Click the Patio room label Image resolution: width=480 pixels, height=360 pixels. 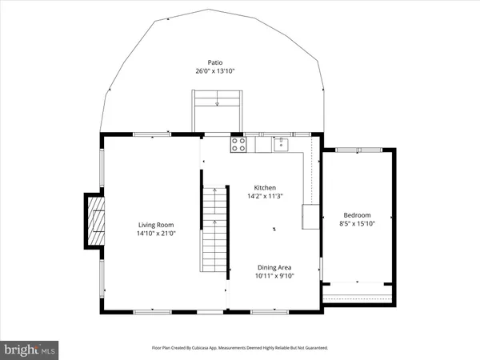(x=213, y=62)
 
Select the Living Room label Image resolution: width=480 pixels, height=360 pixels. (x=155, y=225)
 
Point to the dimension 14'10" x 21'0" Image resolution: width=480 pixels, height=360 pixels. (x=155, y=234)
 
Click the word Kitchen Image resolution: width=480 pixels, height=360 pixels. (x=265, y=187)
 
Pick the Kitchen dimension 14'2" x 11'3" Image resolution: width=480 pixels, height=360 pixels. (x=265, y=196)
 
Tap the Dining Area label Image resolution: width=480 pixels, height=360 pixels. (x=274, y=267)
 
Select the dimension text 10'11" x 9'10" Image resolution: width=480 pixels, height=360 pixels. (x=274, y=276)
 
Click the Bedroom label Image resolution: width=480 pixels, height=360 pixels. (x=357, y=215)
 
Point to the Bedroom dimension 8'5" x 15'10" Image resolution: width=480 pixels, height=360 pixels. (x=357, y=224)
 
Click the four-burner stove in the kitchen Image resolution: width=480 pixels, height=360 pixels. (x=238, y=144)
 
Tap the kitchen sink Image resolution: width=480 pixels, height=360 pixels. (x=280, y=144)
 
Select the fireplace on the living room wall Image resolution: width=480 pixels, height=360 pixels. (x=95, y=221)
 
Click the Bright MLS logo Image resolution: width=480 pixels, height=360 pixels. (x=30, y=349)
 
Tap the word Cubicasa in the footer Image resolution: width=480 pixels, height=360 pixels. (x=210, y=349)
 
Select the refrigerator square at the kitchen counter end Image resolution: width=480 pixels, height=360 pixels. (x=310, y=216)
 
